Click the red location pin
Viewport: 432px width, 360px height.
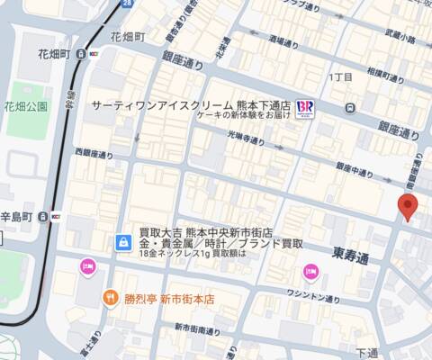[408, 206]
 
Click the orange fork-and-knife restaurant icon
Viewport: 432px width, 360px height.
[110, 297]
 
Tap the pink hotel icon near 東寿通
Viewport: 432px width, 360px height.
[310, 271]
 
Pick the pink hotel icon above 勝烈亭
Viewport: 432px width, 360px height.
[87, 265]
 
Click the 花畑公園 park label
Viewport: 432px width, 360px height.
[25, 106]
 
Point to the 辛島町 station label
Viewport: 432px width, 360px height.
[16, 217]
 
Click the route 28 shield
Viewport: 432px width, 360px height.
[127, 4]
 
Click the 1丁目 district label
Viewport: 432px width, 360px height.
[341, 77]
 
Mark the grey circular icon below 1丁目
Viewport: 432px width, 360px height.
[349, 108]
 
